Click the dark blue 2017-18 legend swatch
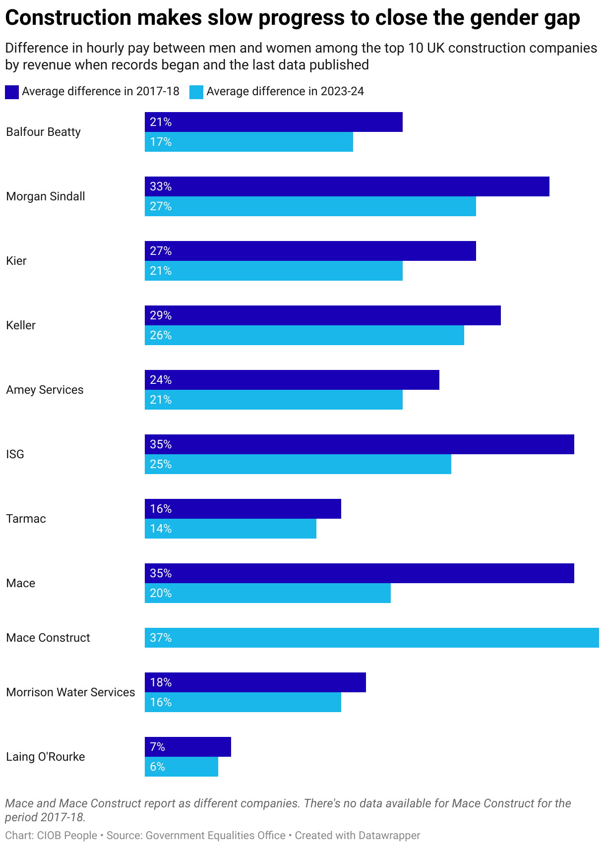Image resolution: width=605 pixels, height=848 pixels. pyautogui.click(x=12, y=92)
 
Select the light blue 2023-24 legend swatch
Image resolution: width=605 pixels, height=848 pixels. pyautogui.click(x=196, y=92)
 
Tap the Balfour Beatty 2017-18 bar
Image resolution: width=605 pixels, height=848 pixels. pyautogui.click(x=273, y=122)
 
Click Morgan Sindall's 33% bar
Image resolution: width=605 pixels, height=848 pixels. pyautogui.click(x=347, y=186)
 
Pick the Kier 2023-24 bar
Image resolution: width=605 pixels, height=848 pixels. pyautogui.click(x=273, y=271)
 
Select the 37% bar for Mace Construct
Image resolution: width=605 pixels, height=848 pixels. pyautogui.click(x=371, y=638)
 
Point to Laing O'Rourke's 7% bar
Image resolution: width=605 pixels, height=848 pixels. pyautogui.click(x=187, y=747)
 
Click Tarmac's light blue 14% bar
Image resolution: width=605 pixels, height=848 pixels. pyautogui.click(x=230, y=529)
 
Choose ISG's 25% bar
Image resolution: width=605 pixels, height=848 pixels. pyautogui.click(x=298, y=464)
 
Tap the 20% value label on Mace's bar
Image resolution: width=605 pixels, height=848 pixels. pyautogui.click(x=161, y=593)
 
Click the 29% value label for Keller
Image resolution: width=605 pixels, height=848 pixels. pyautogui.click(x=161, y=315)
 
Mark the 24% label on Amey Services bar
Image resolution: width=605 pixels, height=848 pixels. pyautogui.click(x=161, y=380)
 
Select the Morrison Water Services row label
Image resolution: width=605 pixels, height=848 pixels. pyautogui.click(x=70, y=692)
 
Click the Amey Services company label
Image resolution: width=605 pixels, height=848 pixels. pyautogui.click(x=45, y=390)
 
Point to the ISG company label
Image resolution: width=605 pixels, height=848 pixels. pyautogui.click(x=15, y=454)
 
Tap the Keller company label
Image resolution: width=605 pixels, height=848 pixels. pyautogui.click(x=21, y=325)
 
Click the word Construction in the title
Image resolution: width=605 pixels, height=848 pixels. pyautogui.click(x=67, y=18)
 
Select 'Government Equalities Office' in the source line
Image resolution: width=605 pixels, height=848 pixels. pyautogui.click(x=216, y=836)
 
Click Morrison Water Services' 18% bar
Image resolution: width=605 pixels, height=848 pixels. pyautogui.click(x=255, y=682)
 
